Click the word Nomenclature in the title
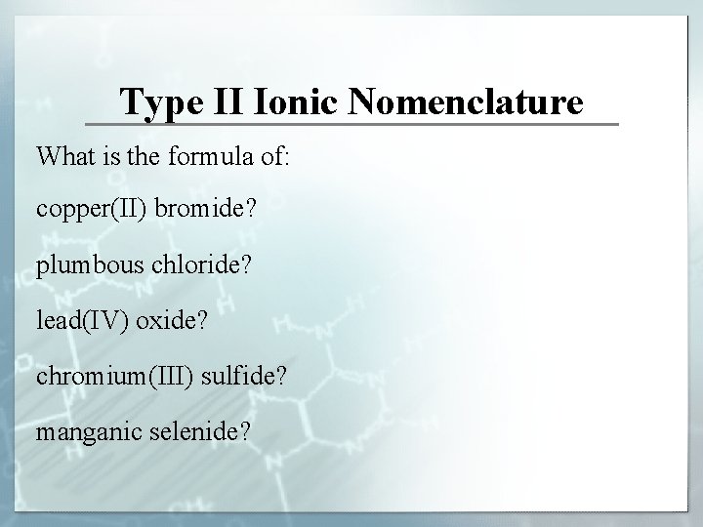click(x=467, y=101)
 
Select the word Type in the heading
click(x=156, y=101)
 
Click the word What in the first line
click(x=63, y=156)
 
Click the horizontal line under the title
click(x=351, y=124)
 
